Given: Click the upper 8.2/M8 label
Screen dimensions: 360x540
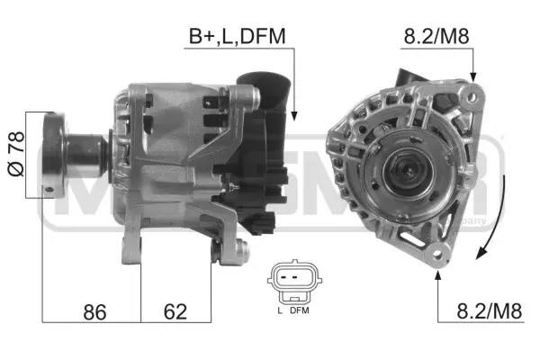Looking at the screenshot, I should pos(436,37).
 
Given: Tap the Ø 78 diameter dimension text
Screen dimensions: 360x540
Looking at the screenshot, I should pos(14,153).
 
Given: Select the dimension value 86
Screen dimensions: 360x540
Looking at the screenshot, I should pos(93,312).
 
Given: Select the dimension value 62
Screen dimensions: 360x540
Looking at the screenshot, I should pos(175,312).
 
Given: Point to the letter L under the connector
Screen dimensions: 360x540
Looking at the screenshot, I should pos(280,310).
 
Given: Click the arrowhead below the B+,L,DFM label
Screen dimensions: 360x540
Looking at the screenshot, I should pos(293,114).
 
